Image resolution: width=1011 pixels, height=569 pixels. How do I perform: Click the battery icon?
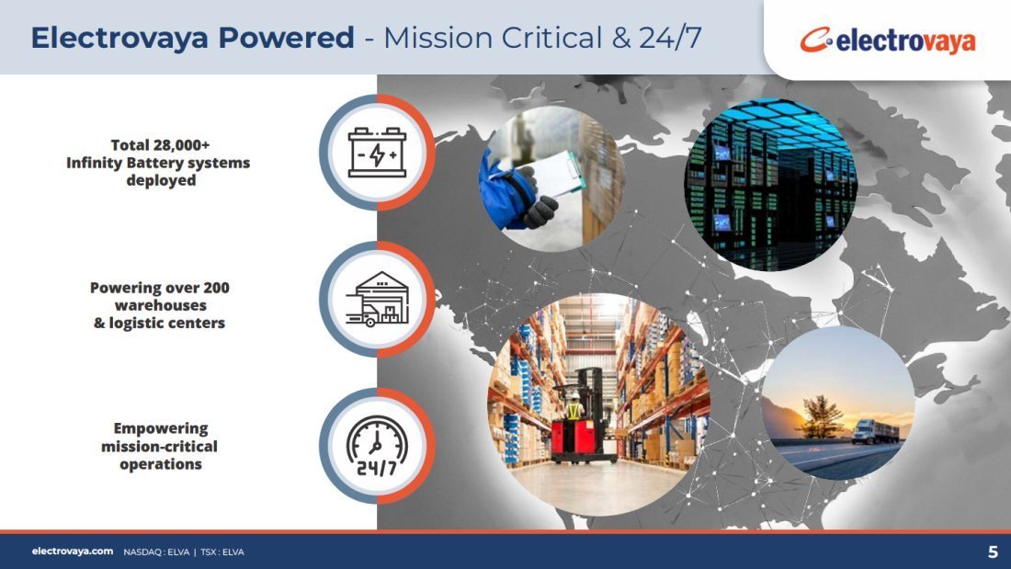pyautogui.click(x=377, y=153)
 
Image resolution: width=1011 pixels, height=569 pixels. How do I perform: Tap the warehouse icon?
pyautogui.click(x=377, y=300)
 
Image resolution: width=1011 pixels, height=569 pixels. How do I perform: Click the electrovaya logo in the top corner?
pyautogui.click(x=888, y=40)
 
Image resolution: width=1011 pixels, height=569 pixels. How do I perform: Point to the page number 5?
pyautogui.click(x=993, y=552)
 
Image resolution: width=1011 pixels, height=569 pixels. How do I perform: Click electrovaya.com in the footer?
pyautogui.click(x=73, y=552)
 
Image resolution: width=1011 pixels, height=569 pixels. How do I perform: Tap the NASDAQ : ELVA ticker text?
pyautogui.click(x=156, y=552)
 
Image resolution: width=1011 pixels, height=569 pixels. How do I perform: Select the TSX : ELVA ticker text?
pyautogui.click(x=222, y=552)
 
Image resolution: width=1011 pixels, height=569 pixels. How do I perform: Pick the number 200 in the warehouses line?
pyautogui.click(x=216, y=288)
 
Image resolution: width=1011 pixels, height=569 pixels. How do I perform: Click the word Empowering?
pyautogui.click(x=161, y=428)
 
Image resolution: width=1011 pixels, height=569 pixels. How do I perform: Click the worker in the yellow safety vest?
pyautogui.click(x=574, y=405)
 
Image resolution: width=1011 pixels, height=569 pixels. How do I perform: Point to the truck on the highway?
pyautogui.click(x=874, y=432)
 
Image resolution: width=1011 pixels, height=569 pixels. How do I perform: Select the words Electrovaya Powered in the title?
pyautogui.click(x=193, y=38)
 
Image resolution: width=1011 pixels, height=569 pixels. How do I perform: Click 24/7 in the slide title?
pyautogui.click(x=671, y=38)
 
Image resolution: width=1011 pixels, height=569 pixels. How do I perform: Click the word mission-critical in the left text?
pyautogui.click(x=159, y=447)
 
